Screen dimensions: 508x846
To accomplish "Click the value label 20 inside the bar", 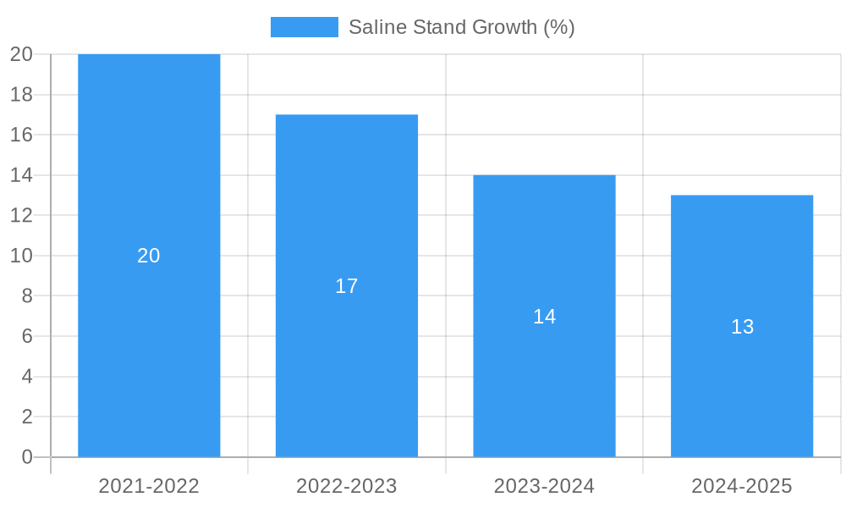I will point(149,256).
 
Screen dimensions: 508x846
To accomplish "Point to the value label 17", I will point(347,286).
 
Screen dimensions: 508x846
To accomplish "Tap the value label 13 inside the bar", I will point(742,327).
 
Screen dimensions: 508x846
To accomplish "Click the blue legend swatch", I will point(304,27).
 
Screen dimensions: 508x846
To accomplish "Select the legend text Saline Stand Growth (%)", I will point(462,27).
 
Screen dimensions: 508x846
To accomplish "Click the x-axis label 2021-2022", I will point(149,486).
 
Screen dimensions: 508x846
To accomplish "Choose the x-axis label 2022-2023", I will point(347,486).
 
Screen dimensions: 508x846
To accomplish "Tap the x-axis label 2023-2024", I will point(544,486).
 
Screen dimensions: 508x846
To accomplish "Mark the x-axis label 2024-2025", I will point(742,486).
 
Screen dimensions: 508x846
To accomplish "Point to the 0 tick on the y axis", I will point(26,457).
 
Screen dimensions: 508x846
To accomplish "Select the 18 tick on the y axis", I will point(21,95).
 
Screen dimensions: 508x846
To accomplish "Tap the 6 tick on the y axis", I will point(26,336).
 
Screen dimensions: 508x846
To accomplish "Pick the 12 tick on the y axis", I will point(21,215).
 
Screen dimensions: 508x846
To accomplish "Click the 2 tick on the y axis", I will point(26,417).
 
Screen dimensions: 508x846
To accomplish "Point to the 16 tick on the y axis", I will point(21,135).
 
